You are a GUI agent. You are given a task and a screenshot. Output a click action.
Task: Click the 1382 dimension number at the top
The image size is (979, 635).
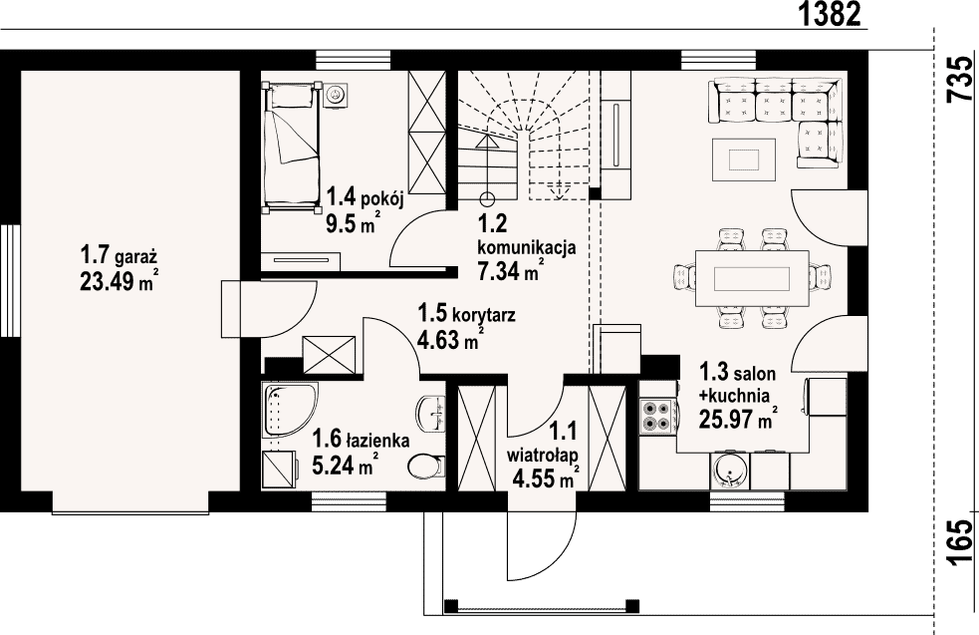[830, 14]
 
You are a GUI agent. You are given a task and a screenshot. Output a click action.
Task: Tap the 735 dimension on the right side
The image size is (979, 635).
[960, 80]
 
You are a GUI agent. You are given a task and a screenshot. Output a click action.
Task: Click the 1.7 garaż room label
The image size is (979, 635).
[118, 255]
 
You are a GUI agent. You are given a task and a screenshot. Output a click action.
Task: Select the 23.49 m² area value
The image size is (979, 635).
[119, 281]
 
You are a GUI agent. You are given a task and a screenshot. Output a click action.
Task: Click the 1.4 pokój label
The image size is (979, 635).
[366, 198]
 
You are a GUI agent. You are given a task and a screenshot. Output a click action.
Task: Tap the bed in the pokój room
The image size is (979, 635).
[291, 148]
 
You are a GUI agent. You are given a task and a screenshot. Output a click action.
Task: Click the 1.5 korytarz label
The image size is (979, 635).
[467, 314]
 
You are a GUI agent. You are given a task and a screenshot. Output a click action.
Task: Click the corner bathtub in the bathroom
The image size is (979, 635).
[290, 410]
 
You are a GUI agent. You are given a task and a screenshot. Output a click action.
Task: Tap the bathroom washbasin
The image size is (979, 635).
[431, 414]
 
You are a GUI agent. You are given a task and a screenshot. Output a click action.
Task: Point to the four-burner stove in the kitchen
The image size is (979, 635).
[656, 417]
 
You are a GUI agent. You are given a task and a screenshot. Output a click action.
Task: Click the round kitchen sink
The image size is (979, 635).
[730, 471]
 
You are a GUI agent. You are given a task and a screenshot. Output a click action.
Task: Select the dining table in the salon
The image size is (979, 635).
[752, 278]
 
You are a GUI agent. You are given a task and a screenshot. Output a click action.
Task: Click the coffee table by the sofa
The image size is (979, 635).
[744, 159]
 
